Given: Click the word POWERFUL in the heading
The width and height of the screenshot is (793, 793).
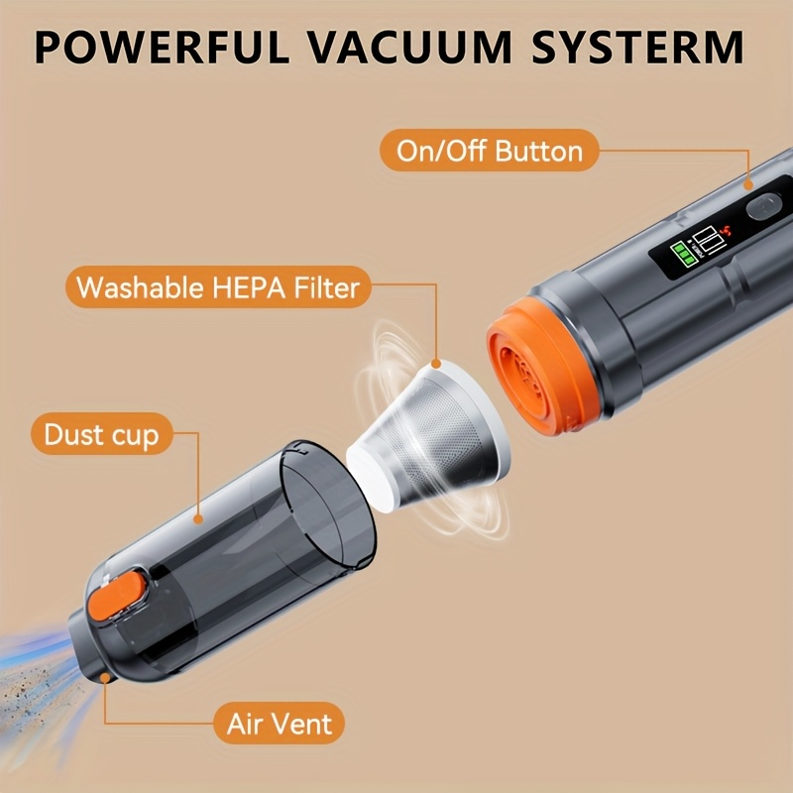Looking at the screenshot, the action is [x=161, y=47].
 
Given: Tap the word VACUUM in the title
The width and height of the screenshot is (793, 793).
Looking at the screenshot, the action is [x=410, y=47].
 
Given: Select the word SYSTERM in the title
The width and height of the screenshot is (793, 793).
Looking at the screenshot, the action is [x=638, y=47].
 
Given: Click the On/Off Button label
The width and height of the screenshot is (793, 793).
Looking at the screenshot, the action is [x=489, y=151].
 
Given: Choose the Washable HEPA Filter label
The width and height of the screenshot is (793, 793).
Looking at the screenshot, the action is [x=218, y=286].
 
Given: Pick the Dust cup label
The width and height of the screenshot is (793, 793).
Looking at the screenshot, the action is [x=102, y=434].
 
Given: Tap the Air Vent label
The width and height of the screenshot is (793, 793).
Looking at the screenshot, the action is [x=280, y=724].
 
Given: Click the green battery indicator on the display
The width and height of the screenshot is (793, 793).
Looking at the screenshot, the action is [x=683, y=253].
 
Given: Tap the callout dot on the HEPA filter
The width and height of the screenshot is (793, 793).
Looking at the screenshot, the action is [x=435, y=364].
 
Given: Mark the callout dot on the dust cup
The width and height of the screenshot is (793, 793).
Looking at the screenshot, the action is [x=198, y=518].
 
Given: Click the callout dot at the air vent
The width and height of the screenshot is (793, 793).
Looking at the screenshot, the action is [x=105, y=678].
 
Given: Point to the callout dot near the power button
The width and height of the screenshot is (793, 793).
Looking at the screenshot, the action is [x=747, y=185].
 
